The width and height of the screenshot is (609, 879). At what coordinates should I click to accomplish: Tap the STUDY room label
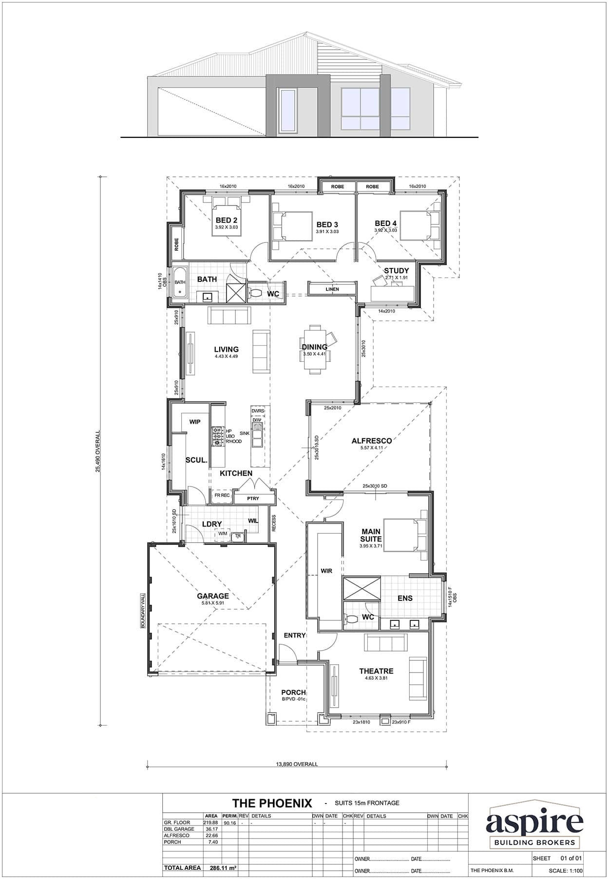[396, 271]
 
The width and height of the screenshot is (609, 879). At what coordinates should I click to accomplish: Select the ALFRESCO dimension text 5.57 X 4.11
[372, 448]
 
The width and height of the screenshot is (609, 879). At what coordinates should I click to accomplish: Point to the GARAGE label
[212, 596]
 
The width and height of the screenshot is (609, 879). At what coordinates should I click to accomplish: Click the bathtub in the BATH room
[180, 281]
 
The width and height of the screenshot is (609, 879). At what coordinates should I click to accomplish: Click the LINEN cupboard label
[332, 289]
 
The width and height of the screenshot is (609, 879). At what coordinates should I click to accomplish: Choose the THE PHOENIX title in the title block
[271, 803]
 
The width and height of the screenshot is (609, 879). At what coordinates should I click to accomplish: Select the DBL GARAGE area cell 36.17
[212, 829]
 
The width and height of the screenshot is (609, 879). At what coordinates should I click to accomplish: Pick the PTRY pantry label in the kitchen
[253, 499]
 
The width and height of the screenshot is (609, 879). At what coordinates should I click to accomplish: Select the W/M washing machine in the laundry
[223, 534]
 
